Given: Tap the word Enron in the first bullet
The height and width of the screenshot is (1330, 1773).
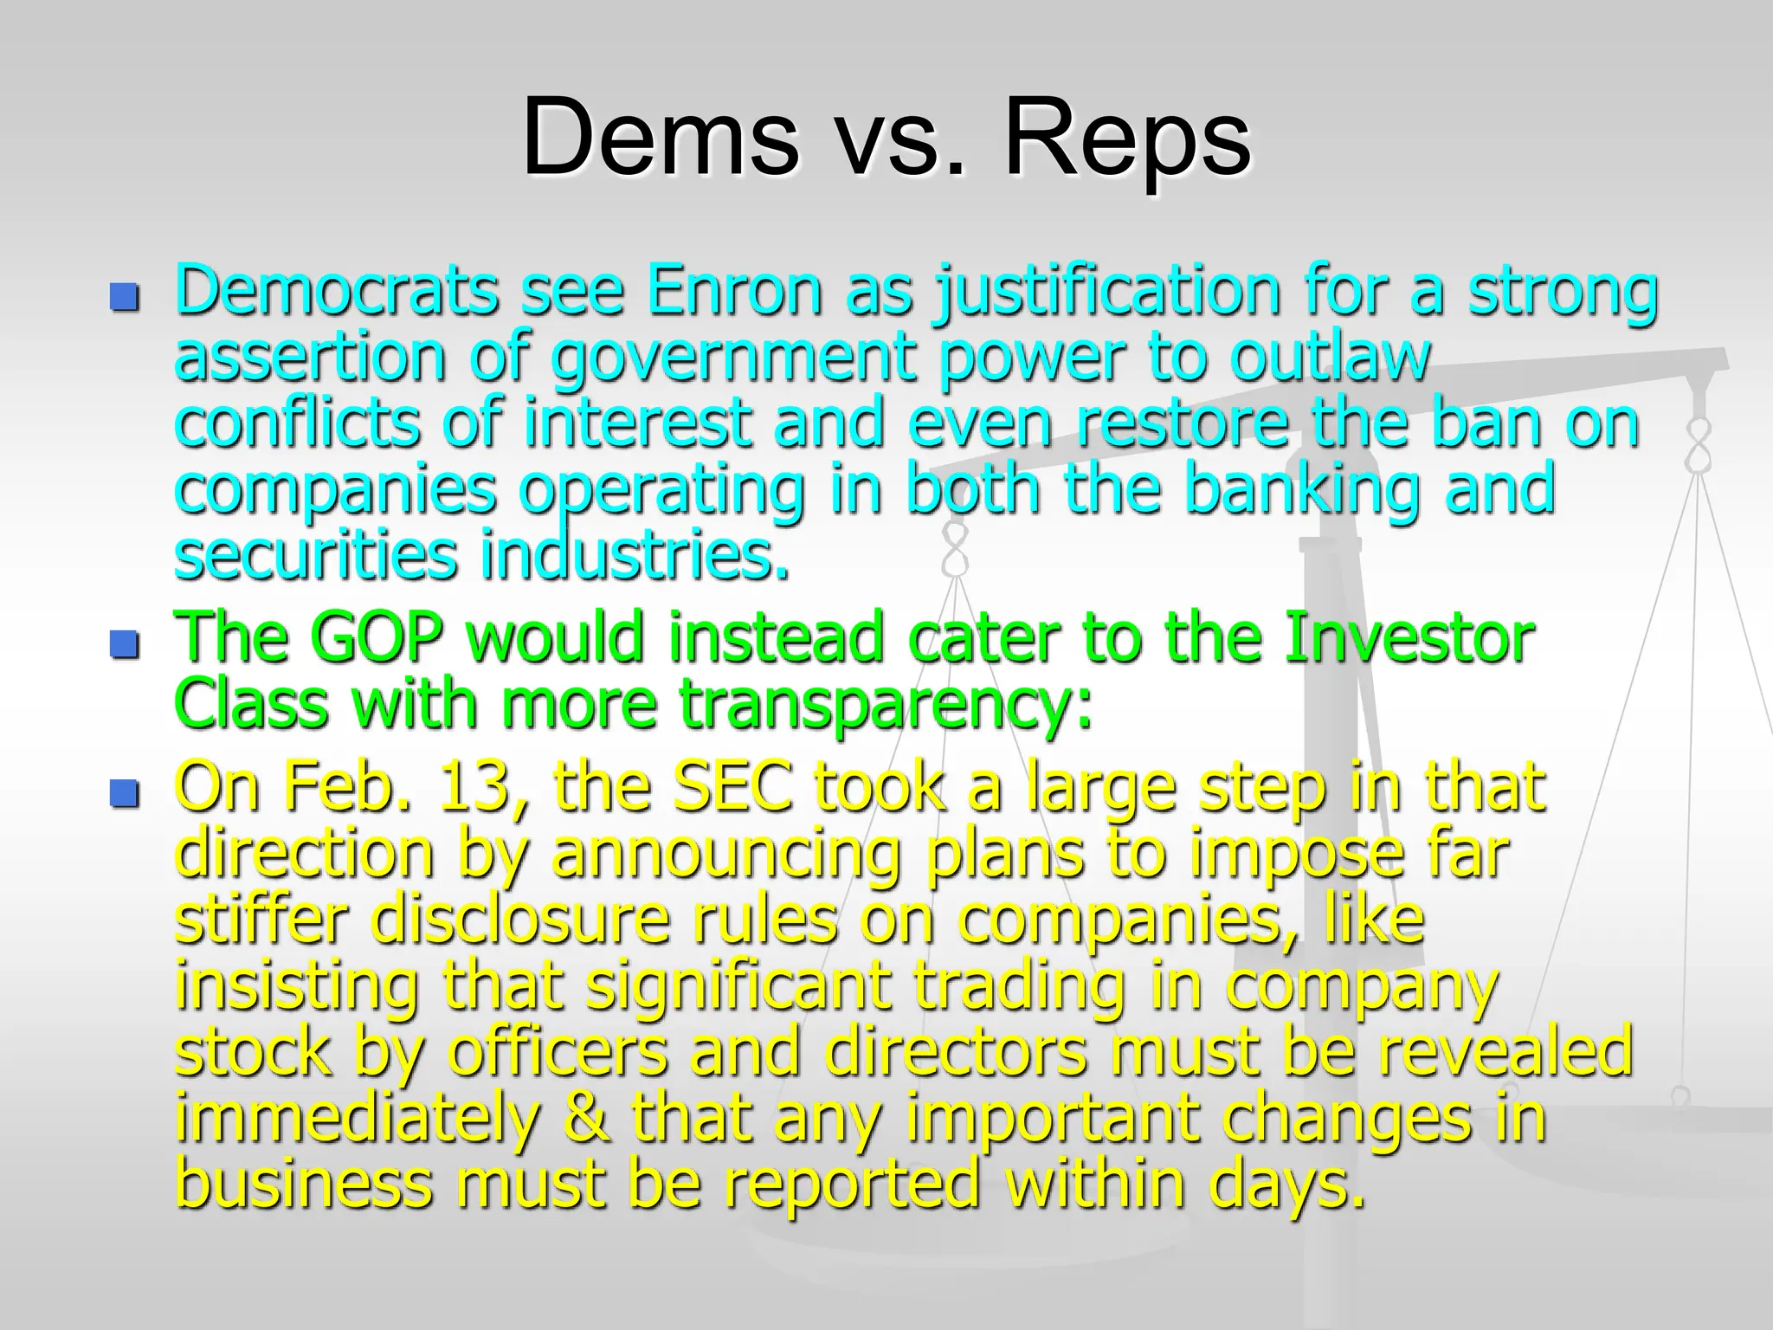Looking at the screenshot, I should [734, 291].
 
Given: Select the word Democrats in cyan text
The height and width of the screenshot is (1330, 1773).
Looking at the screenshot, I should [336, 291].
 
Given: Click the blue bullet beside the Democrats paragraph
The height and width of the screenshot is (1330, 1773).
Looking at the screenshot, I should [125, 298].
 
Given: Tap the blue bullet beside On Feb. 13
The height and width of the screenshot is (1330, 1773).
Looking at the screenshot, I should [125, 793].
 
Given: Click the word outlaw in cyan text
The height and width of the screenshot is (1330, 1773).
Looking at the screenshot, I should [1330, 357].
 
